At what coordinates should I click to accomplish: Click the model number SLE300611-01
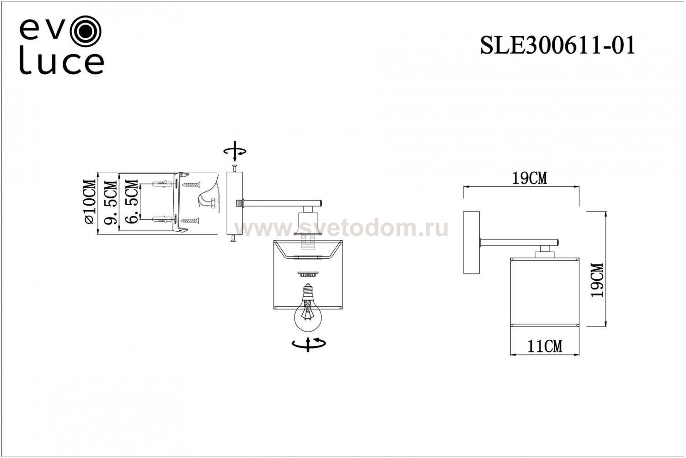557,46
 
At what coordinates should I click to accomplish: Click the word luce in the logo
61,63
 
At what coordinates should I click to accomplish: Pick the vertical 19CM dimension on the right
596,280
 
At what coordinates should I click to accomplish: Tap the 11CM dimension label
545,346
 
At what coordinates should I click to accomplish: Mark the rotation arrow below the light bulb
309,343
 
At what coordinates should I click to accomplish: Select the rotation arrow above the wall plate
234,152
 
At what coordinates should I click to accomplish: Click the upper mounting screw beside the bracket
191,185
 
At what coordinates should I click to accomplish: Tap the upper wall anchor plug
160,185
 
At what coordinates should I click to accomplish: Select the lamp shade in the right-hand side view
545,292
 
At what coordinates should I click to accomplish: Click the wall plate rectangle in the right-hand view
471,243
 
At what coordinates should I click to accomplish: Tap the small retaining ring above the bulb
308,274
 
